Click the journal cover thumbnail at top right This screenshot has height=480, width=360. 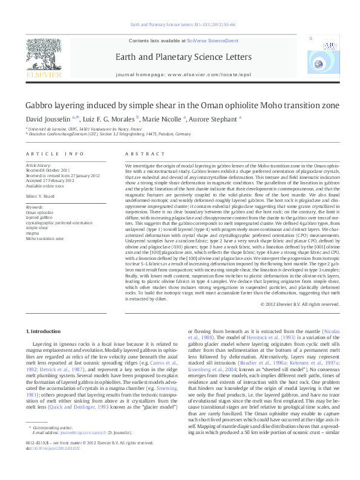pyautogui.click(x=330, y=54)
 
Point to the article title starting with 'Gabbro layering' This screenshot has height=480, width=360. pyautogui.click(x=182, y=105)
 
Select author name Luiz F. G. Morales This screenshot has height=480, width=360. pyautogui.click(x=111, y=118)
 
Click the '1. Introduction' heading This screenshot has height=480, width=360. pyautogui.click(x=45, y=332)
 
